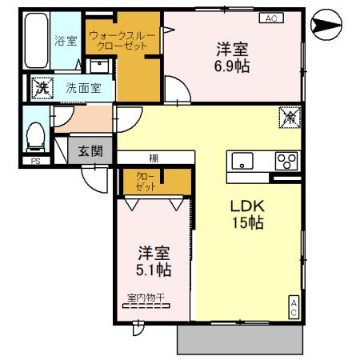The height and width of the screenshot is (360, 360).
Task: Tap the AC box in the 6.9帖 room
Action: pos(269,18)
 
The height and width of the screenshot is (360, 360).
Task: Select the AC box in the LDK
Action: pos(294,308)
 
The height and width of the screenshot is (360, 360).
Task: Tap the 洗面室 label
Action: pos(82,88)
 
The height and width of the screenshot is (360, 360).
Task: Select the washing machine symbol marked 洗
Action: pos(39,87)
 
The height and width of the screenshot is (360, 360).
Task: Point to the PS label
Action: pos(34,161)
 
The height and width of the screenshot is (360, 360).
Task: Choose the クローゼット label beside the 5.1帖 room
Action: pos(144,180)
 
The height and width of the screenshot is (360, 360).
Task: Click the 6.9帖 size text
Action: pos(230,66)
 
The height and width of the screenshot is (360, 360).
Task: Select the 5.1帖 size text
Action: pos(152,270)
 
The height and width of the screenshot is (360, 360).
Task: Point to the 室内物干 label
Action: pos(145,298)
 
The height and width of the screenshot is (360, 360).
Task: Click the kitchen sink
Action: pos(242,159)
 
